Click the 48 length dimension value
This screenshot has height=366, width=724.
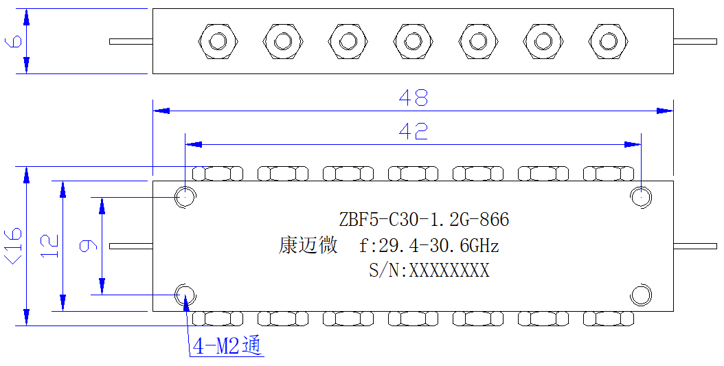pyautogui.click(x=414, y=98)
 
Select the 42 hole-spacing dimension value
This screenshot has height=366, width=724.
pyautogui.click(x=414, y=132)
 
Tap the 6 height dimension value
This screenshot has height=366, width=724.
pyautogui.click(x=13, y=41)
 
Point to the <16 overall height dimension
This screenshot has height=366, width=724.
pyautogui.click(x=13, y=246)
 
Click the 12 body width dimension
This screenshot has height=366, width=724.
pyautogui.click(x=50, y=246)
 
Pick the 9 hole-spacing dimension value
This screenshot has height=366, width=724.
pyautogui.click(x=88, y=246)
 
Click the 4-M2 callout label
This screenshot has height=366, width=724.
pyautogui.click(x=227, y=345)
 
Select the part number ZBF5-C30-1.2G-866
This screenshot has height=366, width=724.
pyautogui.click(x=424, y=220)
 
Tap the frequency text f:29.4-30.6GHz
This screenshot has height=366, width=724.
pyautogui.click(x=429, y=245)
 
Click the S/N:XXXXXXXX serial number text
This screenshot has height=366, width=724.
pyautogui.click(x=429, y=270)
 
